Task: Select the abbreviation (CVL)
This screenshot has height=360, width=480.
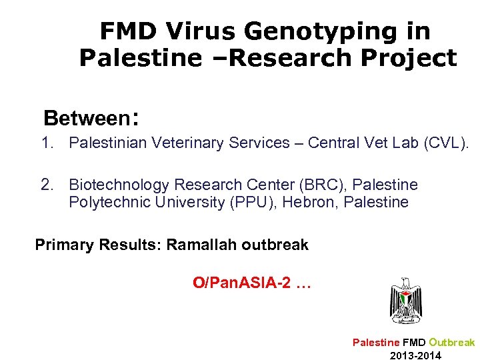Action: (x=446, y=143)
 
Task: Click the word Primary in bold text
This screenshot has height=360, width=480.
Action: (x=64, y=245)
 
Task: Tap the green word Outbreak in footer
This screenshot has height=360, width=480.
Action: (x=451, y=342)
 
